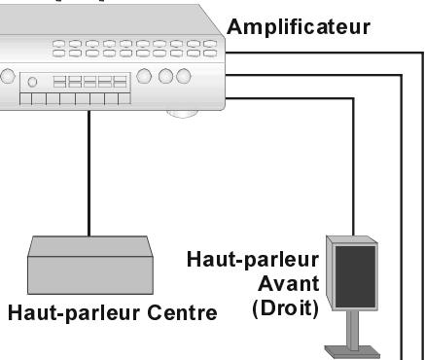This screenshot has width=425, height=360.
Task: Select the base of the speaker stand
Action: pos(352,349)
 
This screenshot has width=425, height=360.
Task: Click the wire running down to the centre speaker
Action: pos(90,175)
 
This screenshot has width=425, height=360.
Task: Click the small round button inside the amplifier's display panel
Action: pos(33,83)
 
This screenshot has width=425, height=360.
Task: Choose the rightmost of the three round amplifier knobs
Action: pos(180,76)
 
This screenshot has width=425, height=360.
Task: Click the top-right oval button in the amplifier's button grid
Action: pos(209,45)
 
